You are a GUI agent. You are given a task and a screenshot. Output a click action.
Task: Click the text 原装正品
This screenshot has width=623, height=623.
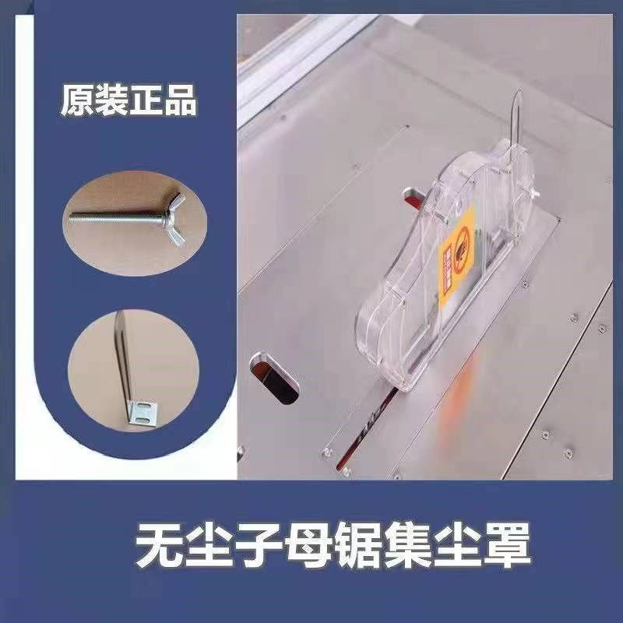coord(128,101)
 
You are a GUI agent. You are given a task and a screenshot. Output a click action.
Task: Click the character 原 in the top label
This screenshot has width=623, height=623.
coord(77,101)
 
